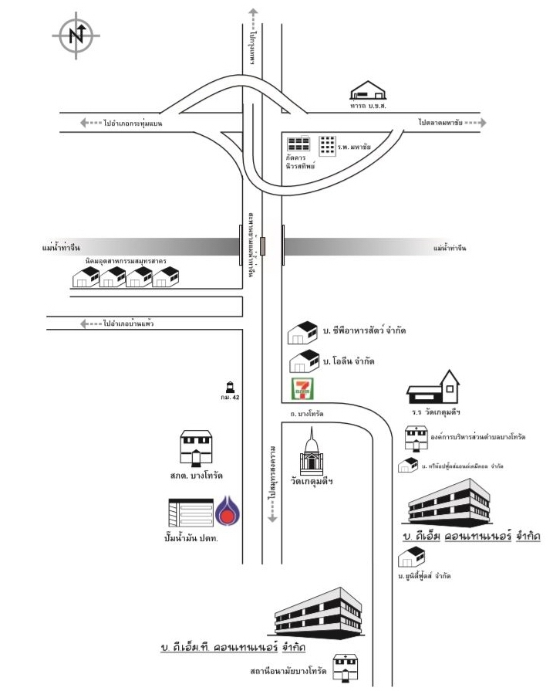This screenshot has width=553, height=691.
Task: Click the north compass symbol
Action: click(76, 35)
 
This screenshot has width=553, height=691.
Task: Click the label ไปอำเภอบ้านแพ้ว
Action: click(127, 323)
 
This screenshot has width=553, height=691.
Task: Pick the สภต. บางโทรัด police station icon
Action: click(195, 447)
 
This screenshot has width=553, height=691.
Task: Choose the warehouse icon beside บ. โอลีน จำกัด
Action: click(303, 360)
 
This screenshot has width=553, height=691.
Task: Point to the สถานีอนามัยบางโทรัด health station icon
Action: click(341, 666)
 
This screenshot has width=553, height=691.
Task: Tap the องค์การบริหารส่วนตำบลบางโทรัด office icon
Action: click(416, 438)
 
